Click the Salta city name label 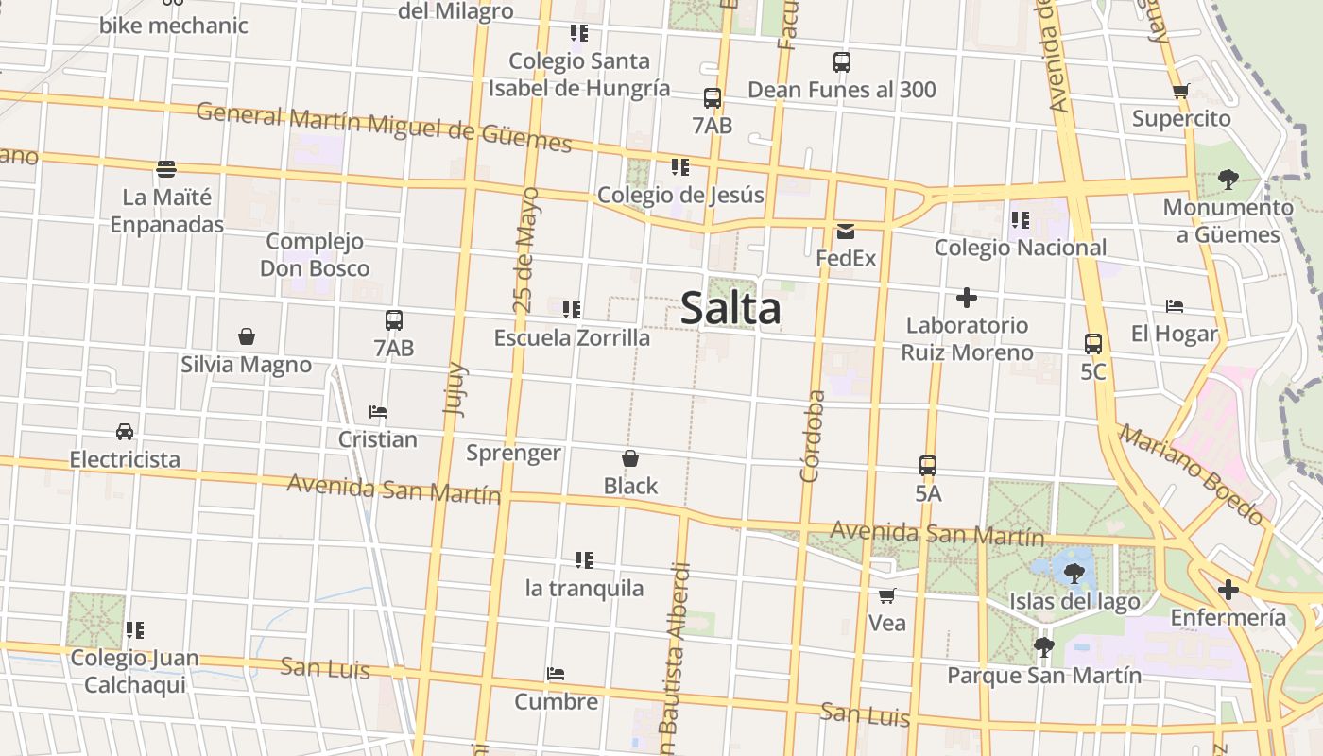coord(730,309)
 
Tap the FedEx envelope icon coord(845,232)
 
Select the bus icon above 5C coord(1093,344)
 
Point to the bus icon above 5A coord(928,466)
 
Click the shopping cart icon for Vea coord(887,595)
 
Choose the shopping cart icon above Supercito coord(1180,92)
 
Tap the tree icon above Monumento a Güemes coord(1228,179)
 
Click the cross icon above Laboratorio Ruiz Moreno coord(966,298)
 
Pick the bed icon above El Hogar coord(1175,306)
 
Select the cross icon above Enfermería coord(1228,591)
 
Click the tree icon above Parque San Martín coord(1044,647)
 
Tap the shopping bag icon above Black coord(630,459)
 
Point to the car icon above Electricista coord(125,432)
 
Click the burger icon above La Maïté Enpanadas coord(166,169)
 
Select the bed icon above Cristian coord(378,412)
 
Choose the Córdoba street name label coord(812,437)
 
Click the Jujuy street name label coord(455,388)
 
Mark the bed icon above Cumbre coord(556,675)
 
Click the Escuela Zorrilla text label coord(572,337)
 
